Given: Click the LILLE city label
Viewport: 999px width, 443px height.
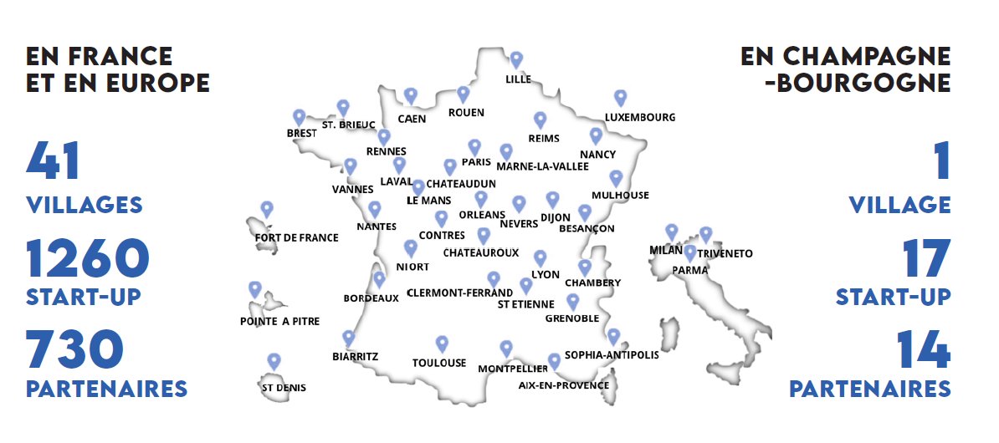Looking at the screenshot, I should click(x=519, y=80).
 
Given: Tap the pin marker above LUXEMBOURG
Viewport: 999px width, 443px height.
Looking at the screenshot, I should click(x=620, y=98).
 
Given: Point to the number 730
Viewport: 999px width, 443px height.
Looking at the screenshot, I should click(x=76, y=350).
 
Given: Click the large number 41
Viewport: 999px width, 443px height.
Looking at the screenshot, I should click(x=54, y=161).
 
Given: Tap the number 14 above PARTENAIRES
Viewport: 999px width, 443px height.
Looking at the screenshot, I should click(x=923, y=350).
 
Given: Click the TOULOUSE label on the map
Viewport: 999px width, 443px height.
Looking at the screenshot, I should click(x=439, y=363).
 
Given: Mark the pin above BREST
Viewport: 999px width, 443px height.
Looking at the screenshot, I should click(x=299, y=117).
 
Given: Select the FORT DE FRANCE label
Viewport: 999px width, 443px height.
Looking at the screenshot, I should click(x=296, y=237).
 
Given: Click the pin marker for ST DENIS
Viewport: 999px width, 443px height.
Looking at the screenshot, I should click(x=274, y=361).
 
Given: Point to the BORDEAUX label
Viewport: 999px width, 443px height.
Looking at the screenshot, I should click(x=371, y=298).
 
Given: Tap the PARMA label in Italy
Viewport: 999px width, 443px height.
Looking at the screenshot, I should click(x=690, y=270).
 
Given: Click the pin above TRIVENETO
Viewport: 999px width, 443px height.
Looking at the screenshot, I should click(x=706, y=235).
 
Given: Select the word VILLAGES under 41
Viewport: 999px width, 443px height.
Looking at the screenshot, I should click(x=85, y=205).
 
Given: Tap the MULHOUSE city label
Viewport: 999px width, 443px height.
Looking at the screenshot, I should click(x=620, y=196).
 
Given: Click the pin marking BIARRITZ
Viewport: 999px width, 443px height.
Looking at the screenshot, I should click(x=349, y=338).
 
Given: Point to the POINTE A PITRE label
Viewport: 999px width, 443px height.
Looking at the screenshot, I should click(x=279, y=321).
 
